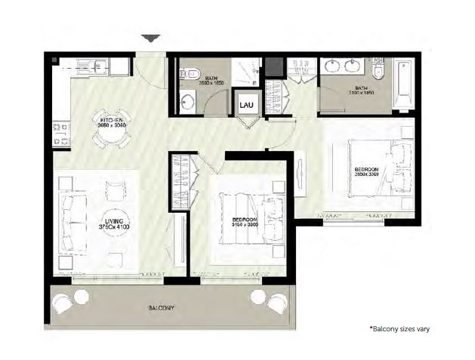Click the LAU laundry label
coord(246,105)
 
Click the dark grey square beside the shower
coord(273,66)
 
